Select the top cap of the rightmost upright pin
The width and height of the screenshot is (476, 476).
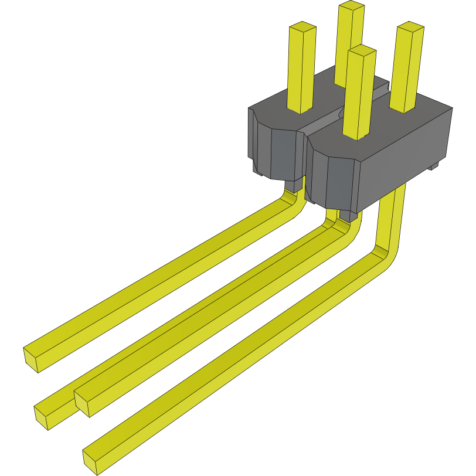pyautogui.click(x=410, y=28)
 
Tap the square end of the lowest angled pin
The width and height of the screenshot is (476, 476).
pyautogui.click(x=91, y=460)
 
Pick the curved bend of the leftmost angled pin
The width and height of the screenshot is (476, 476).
pyautogui.click(x=293, y=202)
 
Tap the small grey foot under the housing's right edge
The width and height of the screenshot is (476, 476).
pyautogui.click(x=434, y=166)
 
